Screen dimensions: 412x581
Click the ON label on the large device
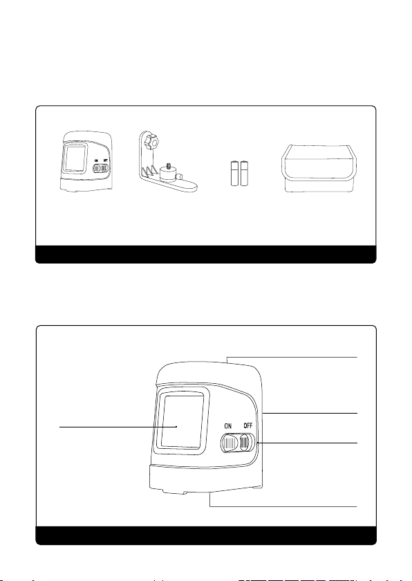pos(228,426)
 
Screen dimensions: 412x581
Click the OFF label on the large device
pos(248,426)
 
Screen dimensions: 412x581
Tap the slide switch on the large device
pos(238,443)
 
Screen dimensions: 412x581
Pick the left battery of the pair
pos(235,174)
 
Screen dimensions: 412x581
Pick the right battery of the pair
pos(244,174)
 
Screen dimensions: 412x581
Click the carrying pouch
pos(319,169)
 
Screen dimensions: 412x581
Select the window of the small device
pos(75,158)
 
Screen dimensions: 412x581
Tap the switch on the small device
pos(101,169)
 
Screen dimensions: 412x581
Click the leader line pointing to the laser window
pos(118,427)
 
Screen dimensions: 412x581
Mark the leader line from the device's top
pos(292,357)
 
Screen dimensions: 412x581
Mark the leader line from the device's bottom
pos(283,506)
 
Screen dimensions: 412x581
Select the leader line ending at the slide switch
pos(307,443)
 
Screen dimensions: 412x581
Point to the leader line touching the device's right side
pos(310,413)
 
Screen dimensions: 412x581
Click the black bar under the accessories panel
pos(206,255)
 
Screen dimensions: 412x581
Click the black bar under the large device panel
pos(206,535)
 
